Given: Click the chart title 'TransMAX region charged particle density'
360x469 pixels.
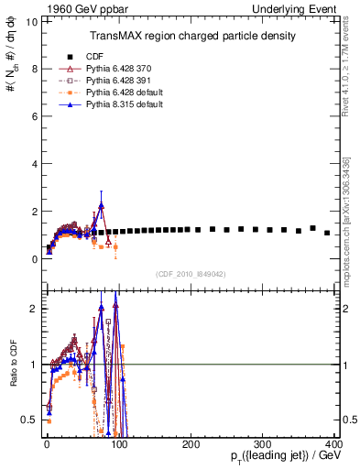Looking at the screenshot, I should point(191,36).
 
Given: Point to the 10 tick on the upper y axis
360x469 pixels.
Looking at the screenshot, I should point(29,20).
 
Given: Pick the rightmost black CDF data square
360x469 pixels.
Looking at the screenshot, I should point(327,233).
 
